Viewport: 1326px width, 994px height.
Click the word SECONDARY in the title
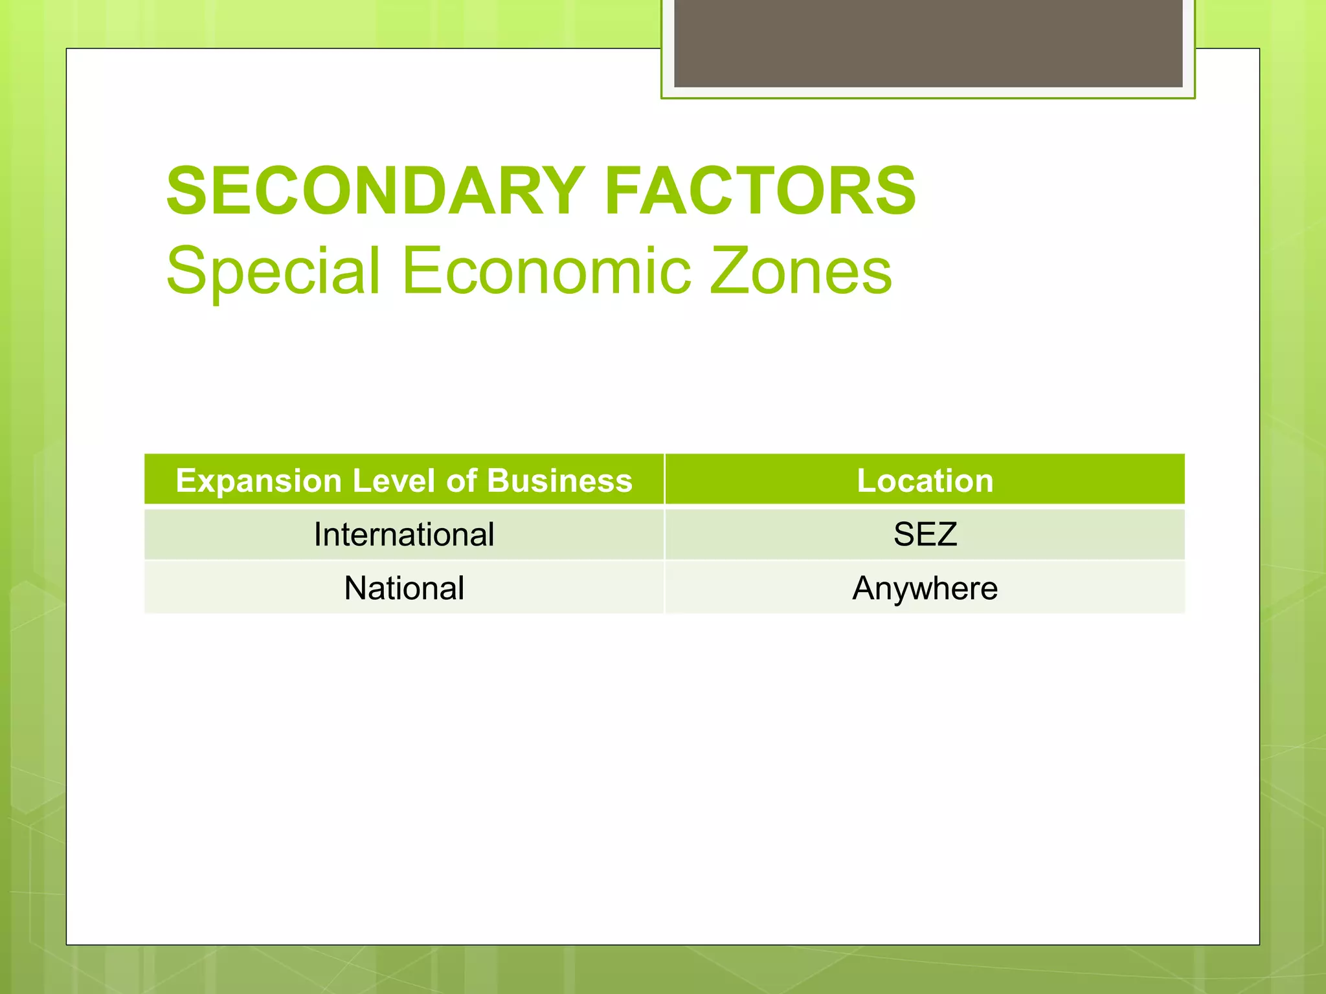pos(376,192)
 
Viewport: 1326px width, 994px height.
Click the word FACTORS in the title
pos(760,192)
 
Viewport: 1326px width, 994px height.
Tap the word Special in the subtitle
pos(273,271)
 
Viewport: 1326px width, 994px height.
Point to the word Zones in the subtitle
pos(801,271)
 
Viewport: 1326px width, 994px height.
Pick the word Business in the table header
pos(559,481)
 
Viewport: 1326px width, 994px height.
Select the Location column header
pos(925,481)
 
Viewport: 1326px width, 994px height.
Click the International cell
pos(404,535)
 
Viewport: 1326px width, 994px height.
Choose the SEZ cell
pos(925,535)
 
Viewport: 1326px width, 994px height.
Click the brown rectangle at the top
pos(928,43)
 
